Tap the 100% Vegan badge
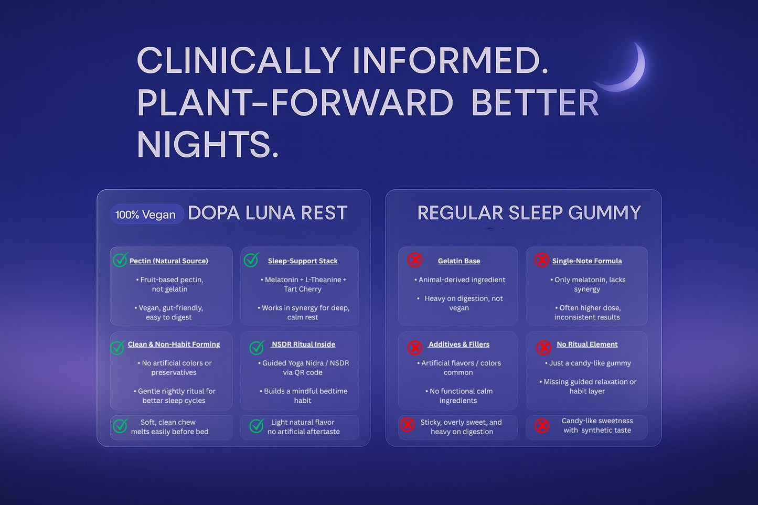(145, 214)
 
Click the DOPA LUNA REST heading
(268, 213)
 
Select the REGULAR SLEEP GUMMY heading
(529, 213)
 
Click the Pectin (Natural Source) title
(168, 261)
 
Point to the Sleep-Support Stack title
(303, 261)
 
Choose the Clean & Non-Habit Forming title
(174, 345)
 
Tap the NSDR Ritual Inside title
(303, 345)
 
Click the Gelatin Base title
(459, 261)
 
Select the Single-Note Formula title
(587, 261)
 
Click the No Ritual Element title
(587, 345)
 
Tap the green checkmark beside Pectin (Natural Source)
(120, 260)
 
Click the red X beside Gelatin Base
(415, 260)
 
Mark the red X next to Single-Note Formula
(542, 260)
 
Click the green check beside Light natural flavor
(257, 426)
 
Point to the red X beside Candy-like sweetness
(542, 425)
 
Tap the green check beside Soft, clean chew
(120, 426)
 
